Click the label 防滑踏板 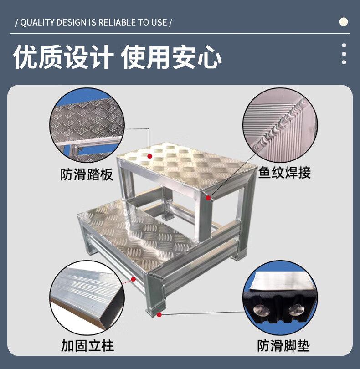87,174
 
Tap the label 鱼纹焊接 285,173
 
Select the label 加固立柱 87,345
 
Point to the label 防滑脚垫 283,345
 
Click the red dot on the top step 150,156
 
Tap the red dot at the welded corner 208,198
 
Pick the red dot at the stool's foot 159,315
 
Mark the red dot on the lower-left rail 133,279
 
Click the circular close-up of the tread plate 87,125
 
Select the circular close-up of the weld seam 280,125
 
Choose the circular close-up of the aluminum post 87,297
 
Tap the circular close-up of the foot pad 280,297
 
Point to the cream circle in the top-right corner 344,22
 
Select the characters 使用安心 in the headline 171,57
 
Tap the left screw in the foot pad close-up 262,310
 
